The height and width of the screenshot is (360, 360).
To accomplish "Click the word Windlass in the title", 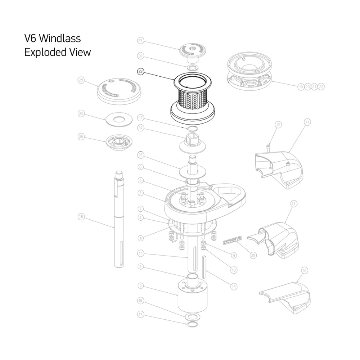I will click(x=60, y=38).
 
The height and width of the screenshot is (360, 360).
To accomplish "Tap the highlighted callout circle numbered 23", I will click(x=141, y=72).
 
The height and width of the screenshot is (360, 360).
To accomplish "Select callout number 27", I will click(x=141, y=41).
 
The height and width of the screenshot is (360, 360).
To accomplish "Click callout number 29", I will click(x=81, y=81).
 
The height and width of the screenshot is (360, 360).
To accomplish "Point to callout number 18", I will click(x=81, y=217).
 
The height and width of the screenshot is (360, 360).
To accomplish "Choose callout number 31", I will click(x=305, y=270).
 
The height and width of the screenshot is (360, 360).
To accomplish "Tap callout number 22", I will click(x=321, y=87).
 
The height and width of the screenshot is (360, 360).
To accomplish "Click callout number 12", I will click(x=278, y=125).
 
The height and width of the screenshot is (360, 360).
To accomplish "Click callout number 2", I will click(x=141, y=286).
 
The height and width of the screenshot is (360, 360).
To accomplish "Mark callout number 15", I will click(x=234, y=287).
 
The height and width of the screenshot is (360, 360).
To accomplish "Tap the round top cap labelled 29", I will click(x=119, y=90).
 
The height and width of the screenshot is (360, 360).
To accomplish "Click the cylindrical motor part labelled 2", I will click(x=193, y=297).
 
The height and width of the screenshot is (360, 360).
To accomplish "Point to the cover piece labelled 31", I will click(x=286, y=295).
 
